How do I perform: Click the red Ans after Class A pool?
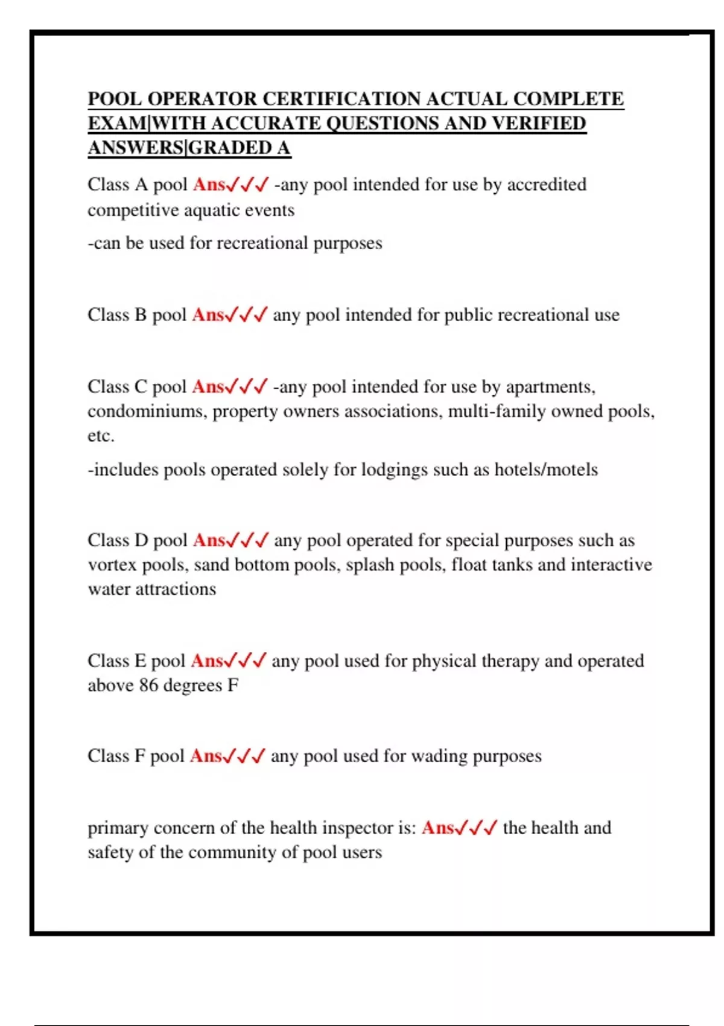(x=209, y=184)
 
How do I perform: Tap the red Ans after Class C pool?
(x=208, y=386)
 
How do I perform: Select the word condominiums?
(x=147, y=411)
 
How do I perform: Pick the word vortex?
(x=112, y=565)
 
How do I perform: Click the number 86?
(x=149, y=686)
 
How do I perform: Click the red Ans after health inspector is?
(x=437, y=827)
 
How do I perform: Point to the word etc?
(x=101, y=436)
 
